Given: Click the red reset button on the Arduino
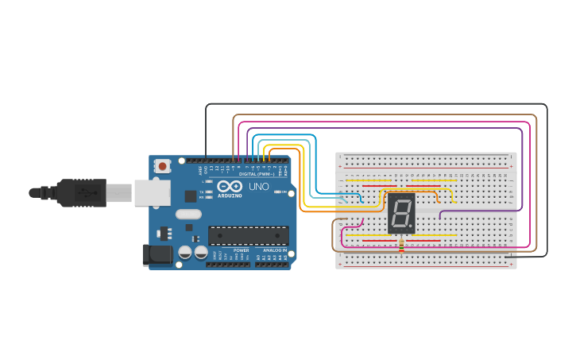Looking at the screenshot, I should [162, 166].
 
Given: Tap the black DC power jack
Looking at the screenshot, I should [156, 255].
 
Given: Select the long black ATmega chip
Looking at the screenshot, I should [248, 235].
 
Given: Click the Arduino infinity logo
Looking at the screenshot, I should [229, 186].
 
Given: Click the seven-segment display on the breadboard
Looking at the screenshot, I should [401, 212].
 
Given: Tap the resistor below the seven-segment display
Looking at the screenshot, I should [401, 246].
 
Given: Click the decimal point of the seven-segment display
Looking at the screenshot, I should [411, 226].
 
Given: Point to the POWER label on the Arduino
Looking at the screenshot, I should [241, 250].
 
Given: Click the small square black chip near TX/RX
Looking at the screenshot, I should [191, 195].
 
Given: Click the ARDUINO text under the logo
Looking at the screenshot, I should [230, 195].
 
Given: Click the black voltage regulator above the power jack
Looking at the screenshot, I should [165, 234].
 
